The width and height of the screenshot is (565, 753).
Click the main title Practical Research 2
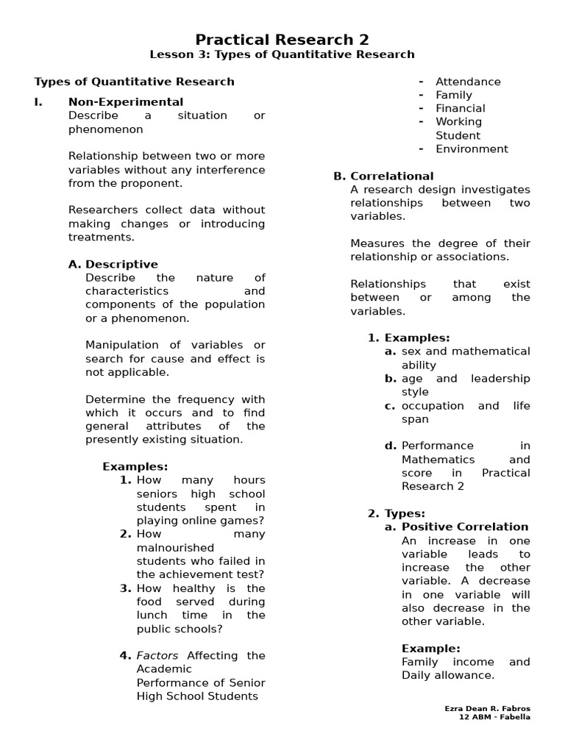click(x=282, y=40)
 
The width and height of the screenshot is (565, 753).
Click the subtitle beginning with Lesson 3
click(x=282, y=54)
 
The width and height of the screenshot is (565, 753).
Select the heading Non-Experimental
click(x=126, y=101)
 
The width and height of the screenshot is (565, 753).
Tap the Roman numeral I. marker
click(x=38, y=101)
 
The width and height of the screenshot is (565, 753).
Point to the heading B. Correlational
click(x=383, y=176)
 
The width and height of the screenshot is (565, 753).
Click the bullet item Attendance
click(x=468, y=82)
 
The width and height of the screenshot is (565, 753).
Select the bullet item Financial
click(x=461, y=108)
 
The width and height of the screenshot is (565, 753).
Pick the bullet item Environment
click(x=472, y=149)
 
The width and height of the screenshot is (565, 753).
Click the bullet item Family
click(x=454, y=95)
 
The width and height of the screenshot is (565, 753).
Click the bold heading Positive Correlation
click(x=465, y=527)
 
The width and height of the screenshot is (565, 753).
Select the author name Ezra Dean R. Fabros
click(x=487, y=708)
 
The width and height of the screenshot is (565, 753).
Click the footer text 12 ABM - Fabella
click(x=493, y=717)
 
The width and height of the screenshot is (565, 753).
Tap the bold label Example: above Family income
click(x=430, y=649)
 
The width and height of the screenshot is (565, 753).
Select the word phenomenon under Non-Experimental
click(x=106, y=129)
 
